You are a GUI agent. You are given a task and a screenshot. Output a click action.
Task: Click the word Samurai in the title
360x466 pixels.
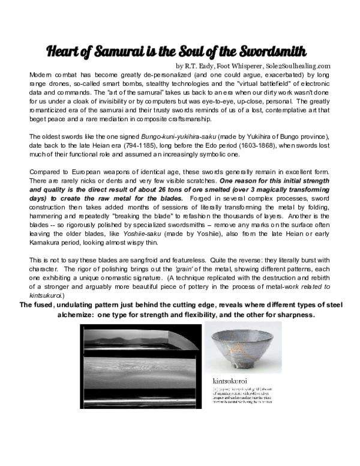pyautogui.click(x=124, y=49)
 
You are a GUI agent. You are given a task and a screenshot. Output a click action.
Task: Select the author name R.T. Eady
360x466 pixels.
pyautogui.click(x=204, y=65)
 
